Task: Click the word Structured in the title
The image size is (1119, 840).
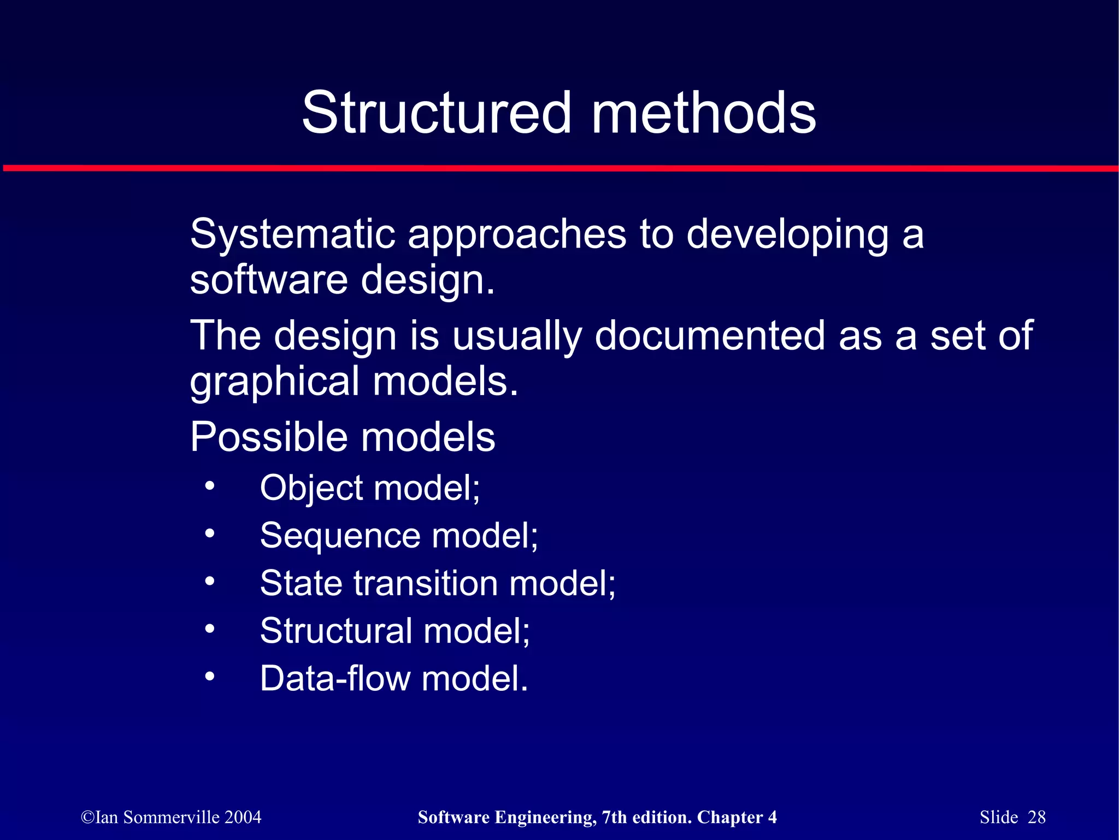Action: point(436,113)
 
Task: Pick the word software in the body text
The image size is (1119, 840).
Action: point(268,280)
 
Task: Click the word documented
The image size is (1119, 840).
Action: point(710,336)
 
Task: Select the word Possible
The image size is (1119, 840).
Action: point(268,437)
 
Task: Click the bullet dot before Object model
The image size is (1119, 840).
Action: point(210,485)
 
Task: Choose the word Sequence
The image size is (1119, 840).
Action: point(340,536)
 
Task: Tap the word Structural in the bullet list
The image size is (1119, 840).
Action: point(336,631)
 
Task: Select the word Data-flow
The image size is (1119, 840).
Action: point(335,679)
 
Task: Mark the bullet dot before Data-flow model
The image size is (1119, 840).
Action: point(210,677)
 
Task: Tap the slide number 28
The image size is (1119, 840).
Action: point(1036,817)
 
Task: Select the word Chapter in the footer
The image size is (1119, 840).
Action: point(729,817)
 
